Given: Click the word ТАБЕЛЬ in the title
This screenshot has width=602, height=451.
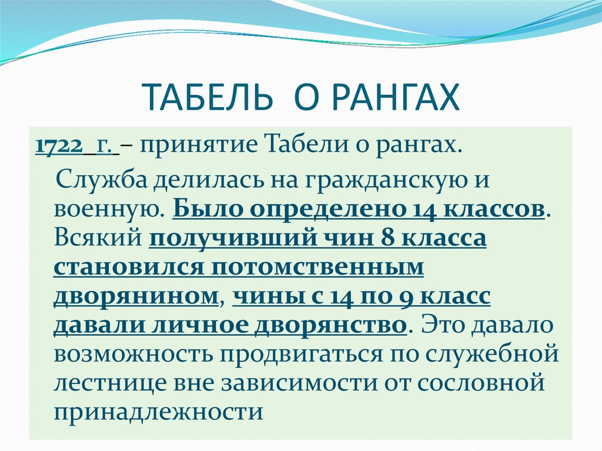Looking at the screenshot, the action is (208, 97).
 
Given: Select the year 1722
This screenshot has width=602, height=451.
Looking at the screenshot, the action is (59, 146).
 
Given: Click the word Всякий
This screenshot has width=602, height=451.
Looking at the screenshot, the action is (98, 238).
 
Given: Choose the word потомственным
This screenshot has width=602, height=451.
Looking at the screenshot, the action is (317, 267).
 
